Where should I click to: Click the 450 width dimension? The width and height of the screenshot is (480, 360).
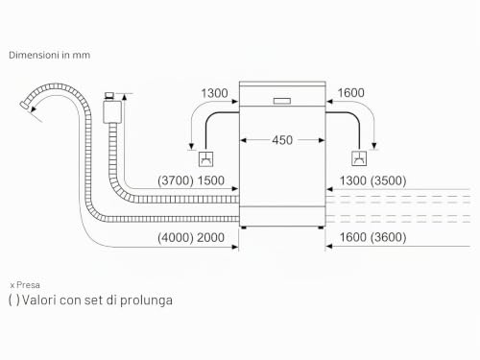click(282, 140)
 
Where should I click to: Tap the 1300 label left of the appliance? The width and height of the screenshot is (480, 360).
click(214, 93)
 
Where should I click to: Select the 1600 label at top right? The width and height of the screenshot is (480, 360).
click(350, 93)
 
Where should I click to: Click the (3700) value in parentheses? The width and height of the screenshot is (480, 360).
click(176, 180)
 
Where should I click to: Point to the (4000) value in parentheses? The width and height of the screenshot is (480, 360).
click(176, 238)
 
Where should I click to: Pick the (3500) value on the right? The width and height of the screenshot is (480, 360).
click(388, 180)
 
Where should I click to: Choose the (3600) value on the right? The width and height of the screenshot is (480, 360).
click(388, 237)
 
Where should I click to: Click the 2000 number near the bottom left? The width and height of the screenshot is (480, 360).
click(210, 238)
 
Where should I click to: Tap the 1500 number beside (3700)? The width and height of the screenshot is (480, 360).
click(210, 180)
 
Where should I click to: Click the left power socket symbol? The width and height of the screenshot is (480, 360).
click(206, 158)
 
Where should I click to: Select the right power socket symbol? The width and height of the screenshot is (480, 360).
click(359, 158)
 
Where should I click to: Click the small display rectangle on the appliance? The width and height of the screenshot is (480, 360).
click(282, 101)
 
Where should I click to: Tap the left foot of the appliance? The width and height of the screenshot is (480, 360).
click(244, 228)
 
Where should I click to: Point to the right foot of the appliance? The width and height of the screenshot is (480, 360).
click(321, 228)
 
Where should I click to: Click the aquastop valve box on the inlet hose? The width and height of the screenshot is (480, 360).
click(112, 112)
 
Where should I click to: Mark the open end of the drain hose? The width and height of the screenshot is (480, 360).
click(24, 105)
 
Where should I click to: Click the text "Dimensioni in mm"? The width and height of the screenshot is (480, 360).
click(50, 55)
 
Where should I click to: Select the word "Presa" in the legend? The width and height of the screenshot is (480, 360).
click(28, 285)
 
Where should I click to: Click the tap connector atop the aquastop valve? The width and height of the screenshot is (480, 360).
click(109, 96)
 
